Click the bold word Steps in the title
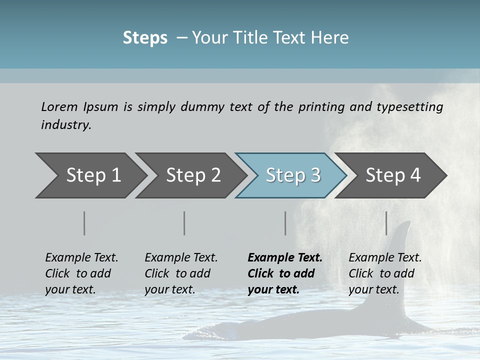[x=145, y=38]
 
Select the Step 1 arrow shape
[x=90, y=175]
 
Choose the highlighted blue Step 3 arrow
[x=292, y=175]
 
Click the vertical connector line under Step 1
[x=84, y=223]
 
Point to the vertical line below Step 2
[x=184, y=223]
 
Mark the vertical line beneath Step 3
[x=285, y=223]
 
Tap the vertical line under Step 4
[x=386, y=223]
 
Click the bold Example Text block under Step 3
[x=285, y=273]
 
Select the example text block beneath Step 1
[x=81, y=273]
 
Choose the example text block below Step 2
[x=181, y=273]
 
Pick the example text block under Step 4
[x=385, y=273]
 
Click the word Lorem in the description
[x=59, y=106]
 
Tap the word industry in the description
[x=65, y=125]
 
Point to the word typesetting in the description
[x=414, y=107]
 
